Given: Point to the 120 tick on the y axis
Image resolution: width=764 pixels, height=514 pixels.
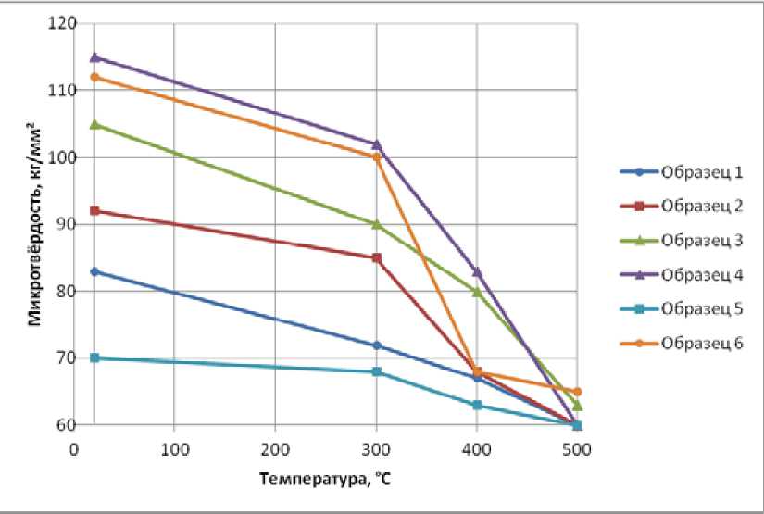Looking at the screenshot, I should [63, 23].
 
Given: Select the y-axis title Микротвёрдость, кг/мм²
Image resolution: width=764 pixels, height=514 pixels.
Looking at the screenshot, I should [33, 224].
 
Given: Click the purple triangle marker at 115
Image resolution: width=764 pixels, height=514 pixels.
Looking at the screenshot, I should [94, 57].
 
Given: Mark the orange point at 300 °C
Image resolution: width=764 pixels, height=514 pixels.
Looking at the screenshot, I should [376, 157].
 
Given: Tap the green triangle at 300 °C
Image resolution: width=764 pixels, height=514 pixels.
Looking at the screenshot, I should [376, 224].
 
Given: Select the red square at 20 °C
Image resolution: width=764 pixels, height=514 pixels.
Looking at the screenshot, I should [94, 211].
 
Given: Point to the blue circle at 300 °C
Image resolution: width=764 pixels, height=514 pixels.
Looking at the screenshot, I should [376, 345].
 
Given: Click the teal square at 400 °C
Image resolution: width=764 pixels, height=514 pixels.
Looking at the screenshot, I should [477, 405].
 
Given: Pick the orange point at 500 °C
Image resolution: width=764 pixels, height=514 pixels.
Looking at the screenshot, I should [577, 392].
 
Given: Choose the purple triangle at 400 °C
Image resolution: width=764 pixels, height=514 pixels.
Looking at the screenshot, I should [477, 271].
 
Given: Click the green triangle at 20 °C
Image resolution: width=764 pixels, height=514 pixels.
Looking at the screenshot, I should [94, 124].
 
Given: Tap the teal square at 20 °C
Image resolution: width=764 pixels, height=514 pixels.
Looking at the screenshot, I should [94, 357].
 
